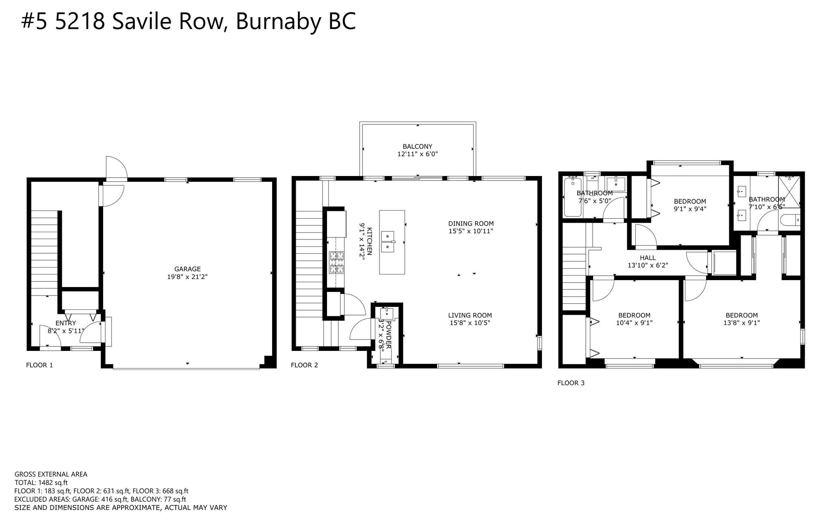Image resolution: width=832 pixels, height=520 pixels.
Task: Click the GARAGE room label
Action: (x=187, y=269)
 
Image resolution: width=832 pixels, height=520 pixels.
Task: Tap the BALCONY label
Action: (x=417, y=146)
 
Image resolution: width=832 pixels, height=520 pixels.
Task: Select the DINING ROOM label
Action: (x=471, y=223)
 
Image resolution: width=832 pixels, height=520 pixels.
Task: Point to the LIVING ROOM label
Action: (x=470, y=315)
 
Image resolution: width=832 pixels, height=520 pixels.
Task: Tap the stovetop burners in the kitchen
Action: (x=336, y=262)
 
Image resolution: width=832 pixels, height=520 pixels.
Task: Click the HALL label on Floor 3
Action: (x=648, y=258)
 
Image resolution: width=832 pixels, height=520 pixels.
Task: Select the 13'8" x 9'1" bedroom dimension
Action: (x=742, y=323)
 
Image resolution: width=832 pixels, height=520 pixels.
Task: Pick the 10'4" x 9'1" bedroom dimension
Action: (x=634, y=323)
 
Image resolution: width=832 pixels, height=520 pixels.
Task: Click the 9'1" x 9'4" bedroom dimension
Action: (x=690, y=209)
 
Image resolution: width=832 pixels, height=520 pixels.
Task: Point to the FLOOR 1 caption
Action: (x=39, y=365)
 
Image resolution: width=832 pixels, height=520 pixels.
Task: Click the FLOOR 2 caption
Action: (x=304, y=365)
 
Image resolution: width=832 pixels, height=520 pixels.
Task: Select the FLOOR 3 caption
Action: (x=571, y=383)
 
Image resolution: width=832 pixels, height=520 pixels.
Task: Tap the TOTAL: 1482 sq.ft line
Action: (x=41, y=483)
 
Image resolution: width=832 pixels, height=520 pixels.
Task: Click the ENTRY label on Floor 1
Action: (x=65, y=323)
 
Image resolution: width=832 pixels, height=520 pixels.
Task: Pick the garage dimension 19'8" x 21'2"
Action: (x=187, y=277)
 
